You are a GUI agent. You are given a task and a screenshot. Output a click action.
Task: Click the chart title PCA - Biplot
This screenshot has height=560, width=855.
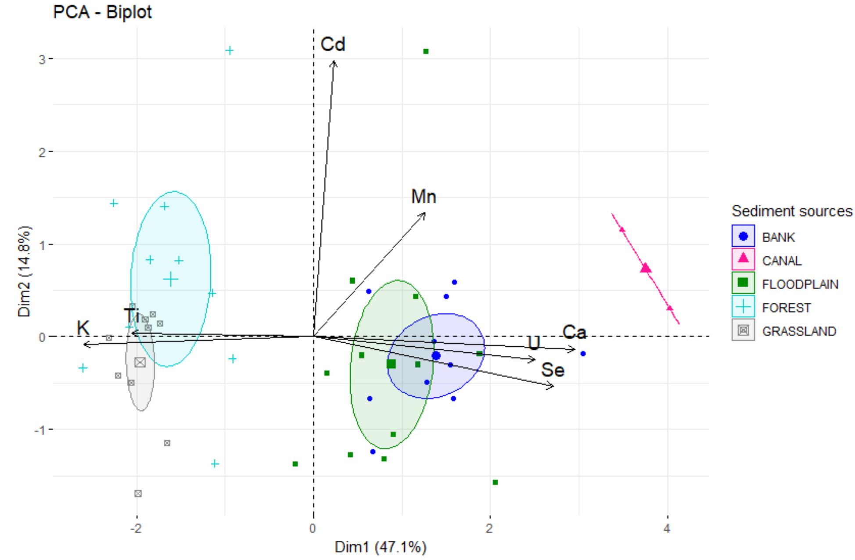[x=102, y=12]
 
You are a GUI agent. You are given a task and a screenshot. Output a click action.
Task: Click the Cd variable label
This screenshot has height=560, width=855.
[x=333, y=44]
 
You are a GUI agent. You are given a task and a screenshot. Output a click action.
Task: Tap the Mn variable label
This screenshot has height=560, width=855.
[x=424, y=197]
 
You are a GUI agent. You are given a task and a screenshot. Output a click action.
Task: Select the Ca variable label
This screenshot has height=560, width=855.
[x=575, y=332]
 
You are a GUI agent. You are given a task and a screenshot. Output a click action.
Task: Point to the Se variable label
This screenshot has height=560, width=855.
[x=553, y=370]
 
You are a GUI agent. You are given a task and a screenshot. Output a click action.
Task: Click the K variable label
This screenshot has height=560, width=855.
[x=83, y=328]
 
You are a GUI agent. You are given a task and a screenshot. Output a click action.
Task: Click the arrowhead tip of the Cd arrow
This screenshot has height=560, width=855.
[x=334, y=61]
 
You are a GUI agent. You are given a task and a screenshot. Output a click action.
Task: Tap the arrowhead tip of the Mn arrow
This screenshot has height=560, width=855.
[x=425, y=213]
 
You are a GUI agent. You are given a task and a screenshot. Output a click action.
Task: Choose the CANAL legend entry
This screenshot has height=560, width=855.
[x=782, y=261]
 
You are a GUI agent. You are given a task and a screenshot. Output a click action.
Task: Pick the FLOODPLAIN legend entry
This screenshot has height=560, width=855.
[x=800, y=284]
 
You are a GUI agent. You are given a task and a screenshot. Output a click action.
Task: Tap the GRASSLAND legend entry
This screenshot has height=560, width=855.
[x=799, y=331]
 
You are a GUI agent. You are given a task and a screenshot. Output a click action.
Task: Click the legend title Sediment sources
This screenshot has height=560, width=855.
[x=792, y=212]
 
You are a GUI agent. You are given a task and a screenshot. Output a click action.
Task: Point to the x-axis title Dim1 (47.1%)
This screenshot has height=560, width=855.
[x=380, y=547]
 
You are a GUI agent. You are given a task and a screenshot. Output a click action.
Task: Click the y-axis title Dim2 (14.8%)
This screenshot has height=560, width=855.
[x=25, y=271]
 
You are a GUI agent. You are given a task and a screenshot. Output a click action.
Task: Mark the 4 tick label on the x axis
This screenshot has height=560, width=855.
[x=667, y=528]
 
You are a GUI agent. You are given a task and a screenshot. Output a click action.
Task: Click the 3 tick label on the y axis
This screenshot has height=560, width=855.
[x=42, y=59]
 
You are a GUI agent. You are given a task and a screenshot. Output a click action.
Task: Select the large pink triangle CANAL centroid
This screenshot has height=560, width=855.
[x=646, y=268]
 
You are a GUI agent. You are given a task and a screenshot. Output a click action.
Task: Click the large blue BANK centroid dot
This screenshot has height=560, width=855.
[x=436, y=355]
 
